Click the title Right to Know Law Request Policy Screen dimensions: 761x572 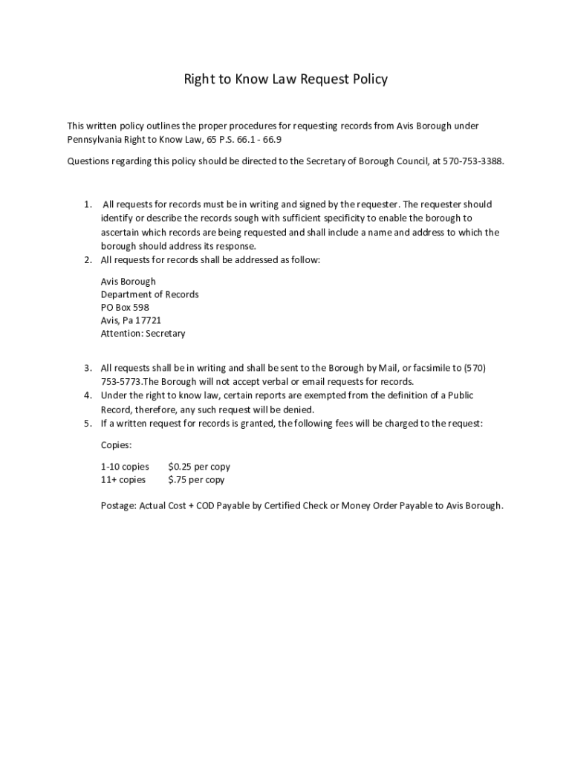pyautogui.click(x=286, y=79)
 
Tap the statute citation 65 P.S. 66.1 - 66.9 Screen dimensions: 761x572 pyautogui.click(x=242, y=140)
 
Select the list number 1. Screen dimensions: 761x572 pyautogui.click(x=87, y=204)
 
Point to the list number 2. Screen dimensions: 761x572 pyautogui.click(x=87, y=260)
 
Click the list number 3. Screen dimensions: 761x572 pyautogui.click(x=87, y=368)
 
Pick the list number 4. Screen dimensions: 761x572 pyautogui.click(x=87, y=396)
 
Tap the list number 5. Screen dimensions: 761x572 pyautogui.click(x=87, y=424)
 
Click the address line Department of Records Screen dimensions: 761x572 pyautogui.click(x=149, y=294)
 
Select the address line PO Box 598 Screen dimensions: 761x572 pyautogui.click(x=125, y=307)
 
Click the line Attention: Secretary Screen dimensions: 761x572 pyautogui.click(x=143, y=334)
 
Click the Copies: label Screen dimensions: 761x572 pyautogui.click(x=116, y=445)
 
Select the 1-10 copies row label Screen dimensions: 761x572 pyautogui.click(x=125, y=467)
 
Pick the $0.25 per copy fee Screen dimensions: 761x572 pyautogui.click(x=199, y=467)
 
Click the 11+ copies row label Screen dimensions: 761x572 pyautogui.click(x=123, y=480)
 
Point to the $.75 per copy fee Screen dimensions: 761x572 pyautogui.click(x=196, y=480)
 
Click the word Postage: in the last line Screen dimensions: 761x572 pyautogui.click(x=119, y=506)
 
